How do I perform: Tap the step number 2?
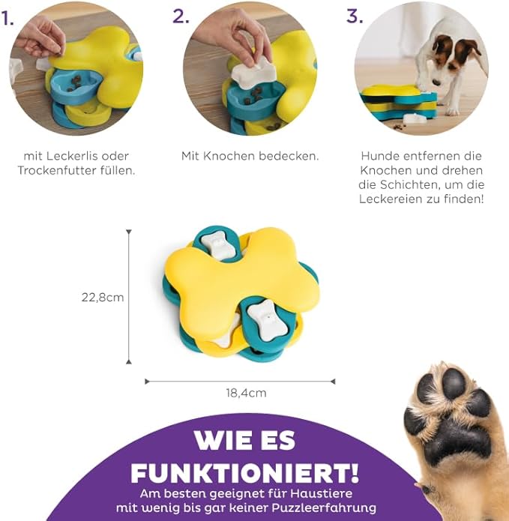click(x=181, y=16)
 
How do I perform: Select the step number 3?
click(x=355, y=16)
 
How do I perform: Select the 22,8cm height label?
click(x=103, y=297)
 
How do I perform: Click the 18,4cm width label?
click(x=246, y=393)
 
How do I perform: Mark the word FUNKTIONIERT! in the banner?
click(x=245, y=472)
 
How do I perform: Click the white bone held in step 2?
click(x=254, y=73)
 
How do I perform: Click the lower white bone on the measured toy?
click(x=268, y=320)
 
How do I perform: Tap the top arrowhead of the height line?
click(x=129, y=232)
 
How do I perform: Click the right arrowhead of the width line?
click(x=333, y=382)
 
